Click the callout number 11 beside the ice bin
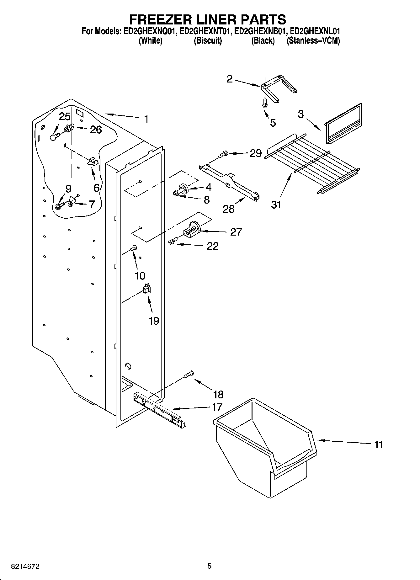[x=378, y=444]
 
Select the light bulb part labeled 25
[x=55, y=137]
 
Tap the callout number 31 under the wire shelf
[x=276, y=205]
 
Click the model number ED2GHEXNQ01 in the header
[x=148, y=31]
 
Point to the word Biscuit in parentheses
[x=208, y=41]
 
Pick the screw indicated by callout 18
[x=189, y=374]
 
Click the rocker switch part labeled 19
[x=146, y=288]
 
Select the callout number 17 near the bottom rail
[x=217, y=407]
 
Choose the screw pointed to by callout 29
[x=223, y=154]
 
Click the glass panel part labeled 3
[x=343, y=123]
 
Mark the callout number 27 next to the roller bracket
[x=236, y=232]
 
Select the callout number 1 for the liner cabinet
[x=146, y=119]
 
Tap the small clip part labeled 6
[x=93, y=162]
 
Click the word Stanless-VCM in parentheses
[x=313, y=41]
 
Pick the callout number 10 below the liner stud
[x=140, y=275]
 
